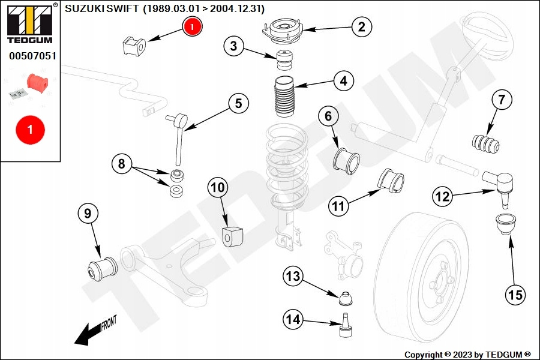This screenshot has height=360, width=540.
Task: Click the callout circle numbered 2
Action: click(x=361, y=26)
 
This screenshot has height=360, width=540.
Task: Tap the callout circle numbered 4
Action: click(x=343, y=81)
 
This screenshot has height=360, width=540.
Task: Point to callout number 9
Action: click(x=88, y=214)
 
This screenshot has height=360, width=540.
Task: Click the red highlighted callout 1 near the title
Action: click(x=192, y=26)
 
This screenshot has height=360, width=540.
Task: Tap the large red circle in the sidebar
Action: click(x=30, y=130)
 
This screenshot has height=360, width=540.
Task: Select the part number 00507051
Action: click(x=32, y=57)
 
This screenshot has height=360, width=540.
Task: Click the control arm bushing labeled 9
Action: click(x=102, y=267)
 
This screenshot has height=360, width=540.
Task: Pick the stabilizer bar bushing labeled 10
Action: click(x=233, y=236)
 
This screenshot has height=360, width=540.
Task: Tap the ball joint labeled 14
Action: click(x=346, y=326)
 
